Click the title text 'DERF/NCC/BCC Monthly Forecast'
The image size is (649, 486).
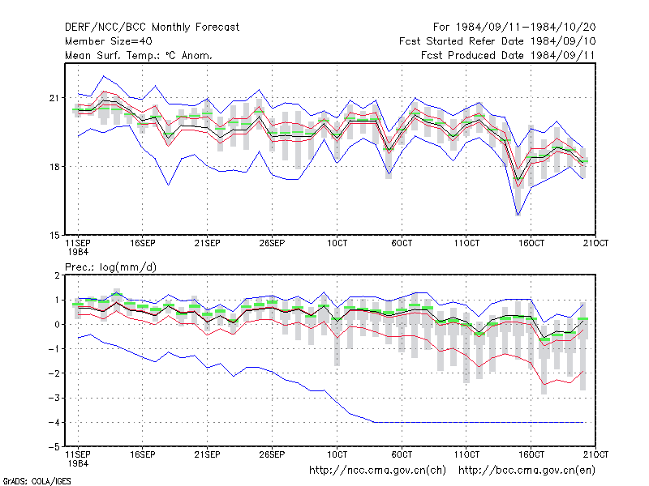(x=152, y=28)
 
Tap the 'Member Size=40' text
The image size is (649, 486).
(x=109, y=41)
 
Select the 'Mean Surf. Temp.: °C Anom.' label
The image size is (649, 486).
(x=139, y=55)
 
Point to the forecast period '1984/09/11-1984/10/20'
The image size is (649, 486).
(x=526, y=28)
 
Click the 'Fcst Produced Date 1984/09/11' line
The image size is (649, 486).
(x=508, y=55)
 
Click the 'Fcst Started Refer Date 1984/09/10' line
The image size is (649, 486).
(x=497, y=41)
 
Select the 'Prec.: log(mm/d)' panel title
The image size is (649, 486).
(x=110, y=267)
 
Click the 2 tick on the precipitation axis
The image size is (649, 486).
(x=57, y=275)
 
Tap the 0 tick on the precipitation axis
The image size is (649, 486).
(x=57, y=325)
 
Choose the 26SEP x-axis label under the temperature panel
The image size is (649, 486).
(x=272, y=244)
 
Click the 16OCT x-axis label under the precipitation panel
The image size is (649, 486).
(x=531, y=454)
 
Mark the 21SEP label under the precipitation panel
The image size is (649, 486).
(x=208, y=454)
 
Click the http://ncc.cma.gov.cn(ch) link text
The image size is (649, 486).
(x=377, y=471)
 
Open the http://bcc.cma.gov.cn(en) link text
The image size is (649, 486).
(x=527, y=471)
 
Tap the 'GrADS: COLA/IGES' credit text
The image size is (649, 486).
(x=37, y=481)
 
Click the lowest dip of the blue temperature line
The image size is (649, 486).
(x=518, y=215)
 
